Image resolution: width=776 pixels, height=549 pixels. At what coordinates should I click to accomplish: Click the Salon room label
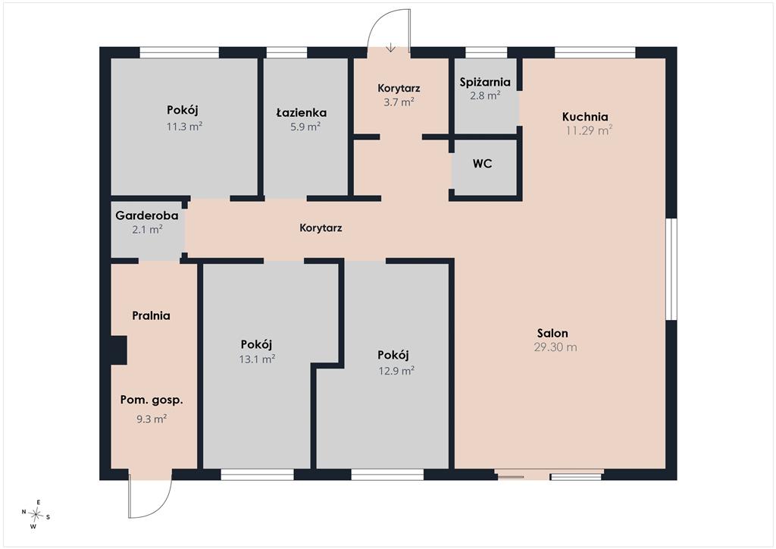pyautogui.click(x=552, y=333)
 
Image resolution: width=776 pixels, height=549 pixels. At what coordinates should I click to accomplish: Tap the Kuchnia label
pyautogui.click(x=585, y=117)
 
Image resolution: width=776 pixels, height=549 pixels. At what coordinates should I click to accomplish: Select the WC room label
pyautogui.click(x=483, y=163)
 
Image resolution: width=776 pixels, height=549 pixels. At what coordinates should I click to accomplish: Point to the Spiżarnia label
pyautogui.click(x=485, y=82)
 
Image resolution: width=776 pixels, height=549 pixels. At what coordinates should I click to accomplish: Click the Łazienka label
pyautogui.click(x=302, y=113)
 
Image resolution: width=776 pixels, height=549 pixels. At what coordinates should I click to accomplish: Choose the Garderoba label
pyautogui.click(x=147, y=215)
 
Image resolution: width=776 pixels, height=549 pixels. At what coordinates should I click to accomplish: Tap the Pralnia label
pyautogui.click(x=152, y=316)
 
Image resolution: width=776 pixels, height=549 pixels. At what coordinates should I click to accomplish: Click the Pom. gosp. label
pyautogui.click(x=152, y=400)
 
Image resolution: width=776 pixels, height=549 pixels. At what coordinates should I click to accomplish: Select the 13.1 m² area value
pyautogui.click(x=258, y=359)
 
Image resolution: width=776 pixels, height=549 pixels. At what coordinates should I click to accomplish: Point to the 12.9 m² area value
pyautogui.click(x=396, y=370)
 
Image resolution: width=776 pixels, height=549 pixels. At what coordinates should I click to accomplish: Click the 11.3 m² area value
pyautogui.click(x=185, y=126)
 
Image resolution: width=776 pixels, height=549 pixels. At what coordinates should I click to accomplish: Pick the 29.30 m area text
pyautogui.click(x=555, y=347)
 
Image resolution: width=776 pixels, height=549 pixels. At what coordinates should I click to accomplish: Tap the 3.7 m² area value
pyautogui.click(x=399, y=102)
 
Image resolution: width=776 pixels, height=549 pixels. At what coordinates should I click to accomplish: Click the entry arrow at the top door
pyautogui.click(x=391, y=48)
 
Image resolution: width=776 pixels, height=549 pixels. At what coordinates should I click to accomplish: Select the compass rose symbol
pyautogui.click(x=36, y=514)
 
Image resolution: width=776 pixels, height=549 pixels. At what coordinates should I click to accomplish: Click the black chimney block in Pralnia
pyautogui.click(x=119, y=350)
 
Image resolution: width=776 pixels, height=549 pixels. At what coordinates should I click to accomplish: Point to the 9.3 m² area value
pyautogui.click(x=152, y=419)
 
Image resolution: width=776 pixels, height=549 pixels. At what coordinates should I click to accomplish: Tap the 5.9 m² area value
pyautogui.click(x=305, y=126)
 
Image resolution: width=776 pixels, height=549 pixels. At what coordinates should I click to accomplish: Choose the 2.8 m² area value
pyautogui.click(x=485, y=96)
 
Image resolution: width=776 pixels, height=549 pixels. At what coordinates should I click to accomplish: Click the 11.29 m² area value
pyautogui.click(x=590, y=130)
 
